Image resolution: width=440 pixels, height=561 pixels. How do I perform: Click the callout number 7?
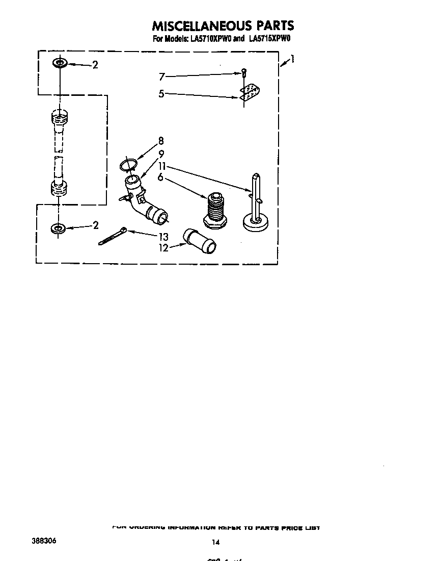[162, 77]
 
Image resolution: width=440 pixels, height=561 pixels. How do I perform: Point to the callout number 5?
[161, 93]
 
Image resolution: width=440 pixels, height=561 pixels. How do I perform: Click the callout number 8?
[161, 141]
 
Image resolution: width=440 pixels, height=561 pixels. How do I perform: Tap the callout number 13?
[163, 237]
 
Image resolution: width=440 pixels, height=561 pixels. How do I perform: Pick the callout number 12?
[163, 248]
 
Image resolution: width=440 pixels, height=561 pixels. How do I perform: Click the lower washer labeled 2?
[59, 228]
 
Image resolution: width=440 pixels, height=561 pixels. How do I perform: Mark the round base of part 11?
[257, 222]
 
